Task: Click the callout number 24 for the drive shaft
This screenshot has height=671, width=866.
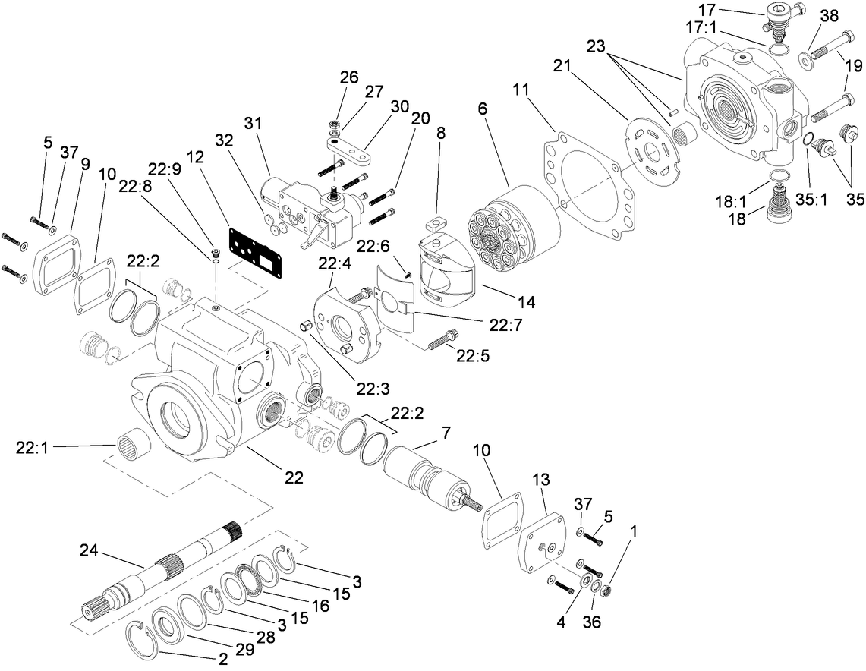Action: pos(90,549)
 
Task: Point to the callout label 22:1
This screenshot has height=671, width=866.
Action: pos(31,448)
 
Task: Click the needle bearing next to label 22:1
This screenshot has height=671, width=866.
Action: pos(131,442)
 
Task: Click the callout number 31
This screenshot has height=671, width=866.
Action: pos(253,122)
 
